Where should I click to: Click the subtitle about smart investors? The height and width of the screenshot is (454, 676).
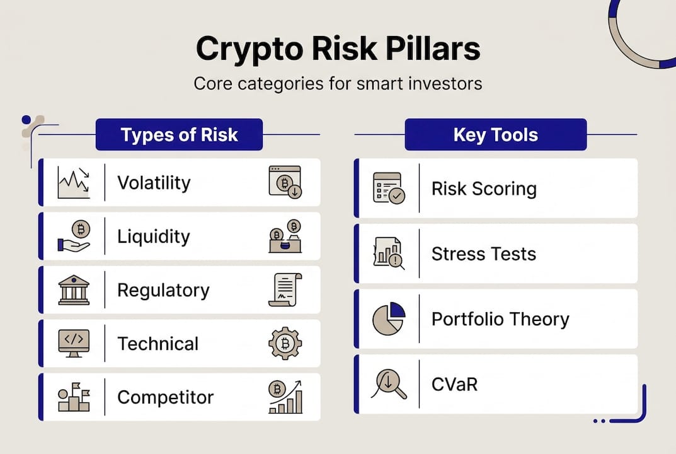pyautogui.click(x=338, y=83)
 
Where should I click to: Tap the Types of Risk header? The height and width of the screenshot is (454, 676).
pyautogui.click(x=179, y=134)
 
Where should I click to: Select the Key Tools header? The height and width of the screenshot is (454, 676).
pyautogui.click(x=495, y=134)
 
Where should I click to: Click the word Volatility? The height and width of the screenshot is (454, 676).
pyautogui.click(x=154, y=183)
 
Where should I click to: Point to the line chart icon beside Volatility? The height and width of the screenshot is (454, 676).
pyautogui.click(x=73, y=183)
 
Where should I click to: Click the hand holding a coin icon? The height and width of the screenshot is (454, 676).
pyautogui.click(x=73, y=236)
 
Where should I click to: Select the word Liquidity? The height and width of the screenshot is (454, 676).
pyautogui.click(x=154, y=236)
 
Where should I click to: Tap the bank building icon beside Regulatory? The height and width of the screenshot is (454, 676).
pyautogui.click(x=73, y=290)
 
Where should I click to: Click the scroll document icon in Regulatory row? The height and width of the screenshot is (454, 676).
pyautogui.click(x=285, y=290)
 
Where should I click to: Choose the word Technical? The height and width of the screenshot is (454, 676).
pyautogui.click(x=158, y=344)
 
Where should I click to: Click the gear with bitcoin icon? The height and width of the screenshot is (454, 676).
pyautogui.click(x=285, y=344)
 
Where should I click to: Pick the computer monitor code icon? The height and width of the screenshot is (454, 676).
pyautogui.click(x=73, y=344)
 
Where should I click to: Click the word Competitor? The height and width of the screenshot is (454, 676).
pyautogui.click(x=165, y=397)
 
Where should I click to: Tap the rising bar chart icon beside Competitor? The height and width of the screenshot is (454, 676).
pyautogui.click(x=285, y=397)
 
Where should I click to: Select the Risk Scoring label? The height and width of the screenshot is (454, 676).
pyautogui.click(x=484, y=189)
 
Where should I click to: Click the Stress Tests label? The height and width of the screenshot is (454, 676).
pyautogui.click(x=484, y=254)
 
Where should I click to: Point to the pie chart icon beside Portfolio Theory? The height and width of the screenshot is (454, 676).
pyautogui.click(x=389, y=318)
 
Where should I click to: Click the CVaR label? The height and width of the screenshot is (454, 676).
pyautogui.click(x=454, y=384)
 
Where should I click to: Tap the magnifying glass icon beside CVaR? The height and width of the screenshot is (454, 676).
pyautogui.click(x=389, y=384)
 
